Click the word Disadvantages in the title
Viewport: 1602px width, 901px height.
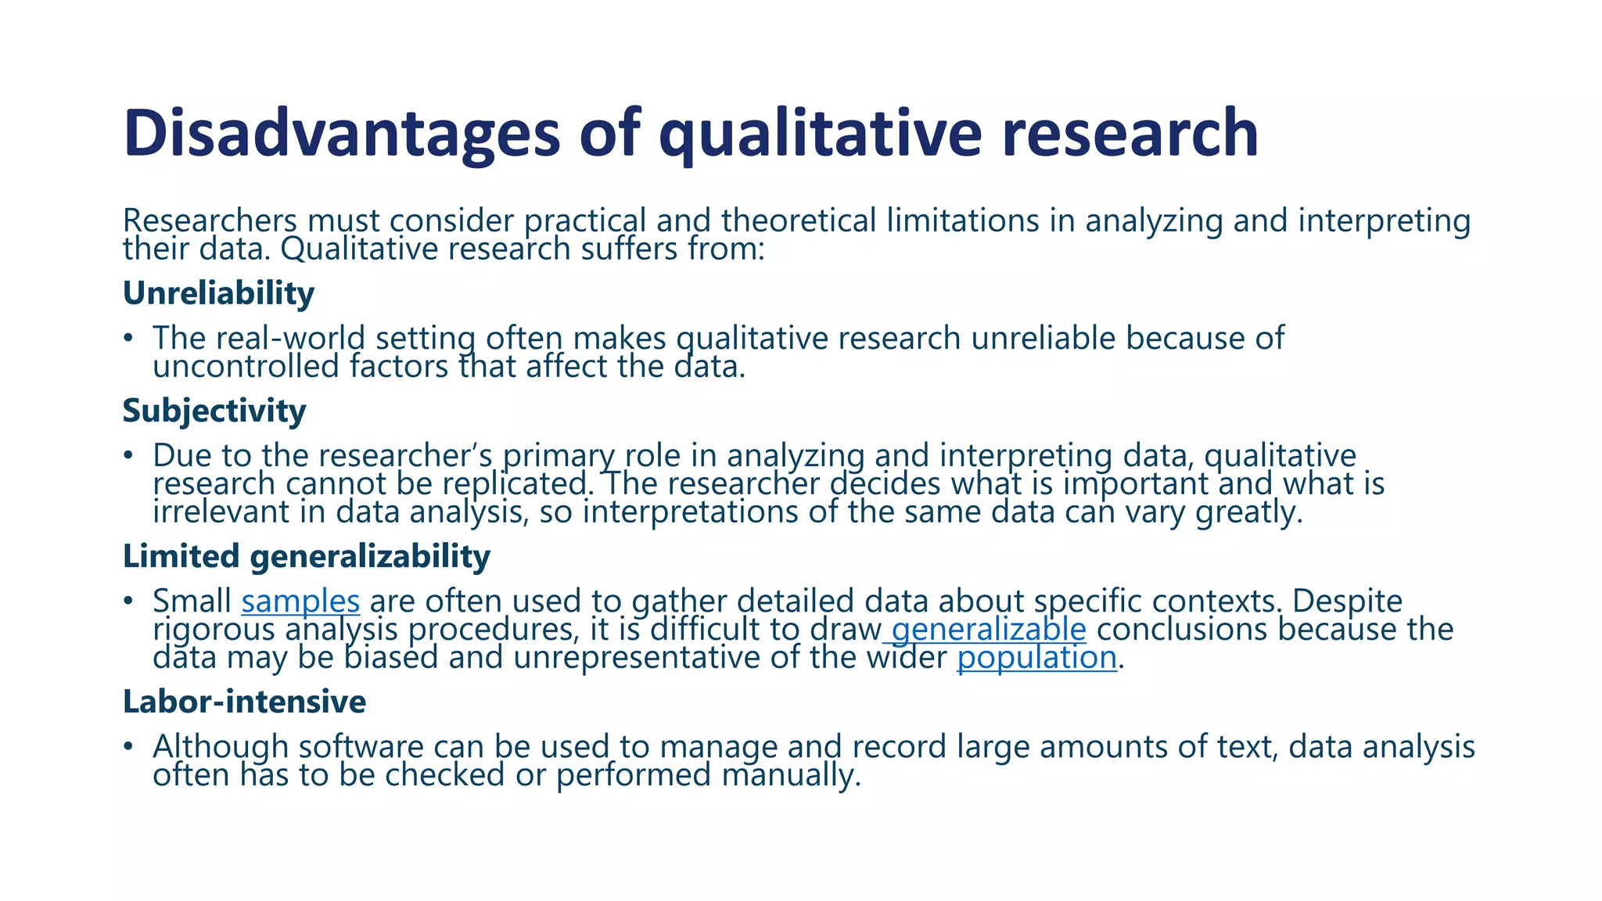[342, 133]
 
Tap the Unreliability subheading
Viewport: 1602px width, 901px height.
[218, 293]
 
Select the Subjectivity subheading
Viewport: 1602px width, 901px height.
[214, 411]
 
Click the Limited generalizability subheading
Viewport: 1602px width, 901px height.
[307, 556]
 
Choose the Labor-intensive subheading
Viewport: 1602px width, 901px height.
[244, 702]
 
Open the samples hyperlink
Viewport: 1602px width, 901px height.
[300, 601]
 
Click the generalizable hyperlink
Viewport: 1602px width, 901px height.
[988, 629]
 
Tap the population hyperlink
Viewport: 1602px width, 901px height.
[1036, 657]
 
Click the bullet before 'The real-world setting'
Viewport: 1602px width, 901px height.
[128, 339]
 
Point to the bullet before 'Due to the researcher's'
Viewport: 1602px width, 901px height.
[128, 456]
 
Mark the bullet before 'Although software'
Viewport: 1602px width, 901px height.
[128, 747]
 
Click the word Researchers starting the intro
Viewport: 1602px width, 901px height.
[210, 221]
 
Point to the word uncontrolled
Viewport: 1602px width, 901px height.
[246, 366]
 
